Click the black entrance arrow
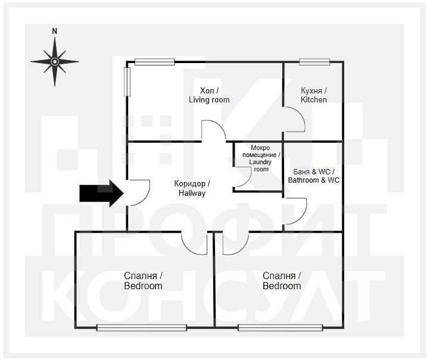click(102, 193)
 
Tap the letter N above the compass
click(55, 32)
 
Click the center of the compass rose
click(55, 62)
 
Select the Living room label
click(209, 95)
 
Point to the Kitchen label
click(314, 95)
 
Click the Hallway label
click(192, 188)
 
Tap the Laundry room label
click(261, 158)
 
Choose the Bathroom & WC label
click(314, 176)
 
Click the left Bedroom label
click(143, 281)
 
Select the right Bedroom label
click(282, 281)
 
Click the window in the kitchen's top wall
click(314, 62)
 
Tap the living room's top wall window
click(155, 62)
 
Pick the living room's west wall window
click(127, 82)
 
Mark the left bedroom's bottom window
click(142, 328)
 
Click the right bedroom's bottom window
click(280, 328)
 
